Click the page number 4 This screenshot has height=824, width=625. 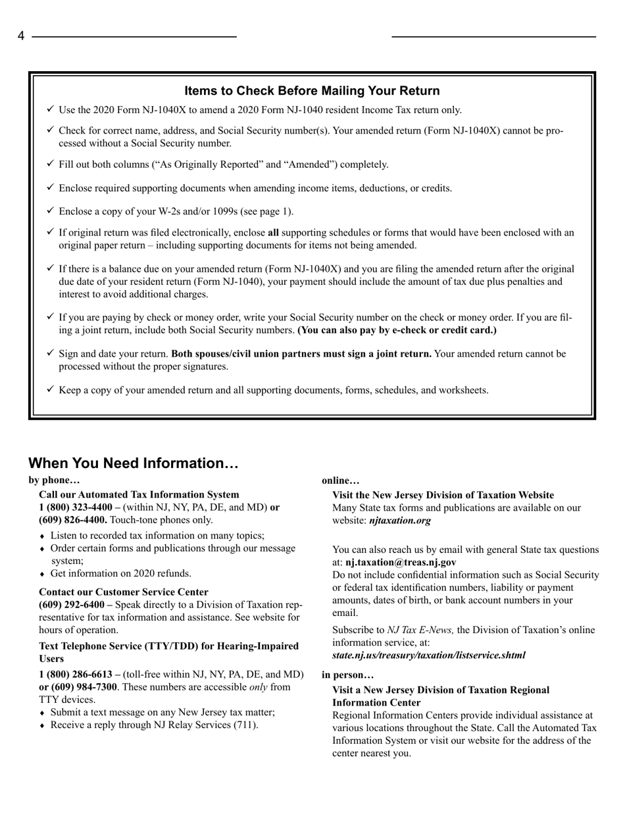pos(21,37)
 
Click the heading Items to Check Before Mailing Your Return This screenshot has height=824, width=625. pos(312,91)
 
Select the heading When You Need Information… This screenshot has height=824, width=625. pos(133,463)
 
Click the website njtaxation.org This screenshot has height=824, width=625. pos(400,520)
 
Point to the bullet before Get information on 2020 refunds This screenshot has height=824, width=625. pos(43,573)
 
